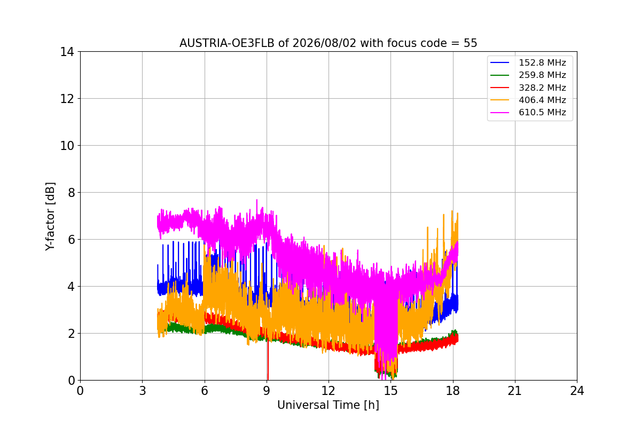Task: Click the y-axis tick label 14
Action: pyautogui.click(x=67, y=52)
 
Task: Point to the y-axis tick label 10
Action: pyautogui.click(x=67, y=146)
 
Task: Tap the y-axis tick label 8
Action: pyautogui.click(x=71, y=193)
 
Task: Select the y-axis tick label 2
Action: pyautogui.click(x=71, y=334)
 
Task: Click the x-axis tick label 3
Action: pyautogui.click(x=143, y=391)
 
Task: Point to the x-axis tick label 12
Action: pyautogui.click(x=329, y=391)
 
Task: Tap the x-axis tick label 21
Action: pyautogui.click(x=515, y=391)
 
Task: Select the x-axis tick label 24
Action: pyautogui.click(x=577, y=391)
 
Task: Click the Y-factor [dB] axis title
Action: pyautogui.click(x=50, y=217)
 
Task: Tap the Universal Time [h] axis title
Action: pyautogui.click(x=328, y=405)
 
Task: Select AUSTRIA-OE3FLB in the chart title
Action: pyautogui.click(x=227, y=43)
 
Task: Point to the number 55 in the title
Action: pyautogui.click(x=471, y=43)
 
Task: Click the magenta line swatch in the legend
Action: pyautogui.click(x=499, y=113)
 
